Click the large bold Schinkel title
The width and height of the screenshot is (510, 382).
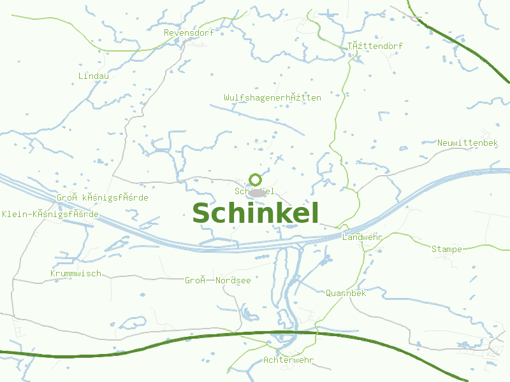pos(255,213)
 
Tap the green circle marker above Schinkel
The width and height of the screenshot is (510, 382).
pos(255,180)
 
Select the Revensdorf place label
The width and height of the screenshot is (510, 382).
pos(189,32)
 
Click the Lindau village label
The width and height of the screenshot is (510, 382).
pos(94,76)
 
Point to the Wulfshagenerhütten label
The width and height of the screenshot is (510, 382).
pos(272,97)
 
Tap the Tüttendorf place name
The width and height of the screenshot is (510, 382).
pos(375,46)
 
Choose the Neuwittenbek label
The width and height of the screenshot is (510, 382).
pos(467,143)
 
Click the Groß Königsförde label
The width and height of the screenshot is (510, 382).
pos(102,197)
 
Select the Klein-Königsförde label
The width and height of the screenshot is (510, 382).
pos(50,214)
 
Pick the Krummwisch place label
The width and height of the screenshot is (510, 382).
pos(75,273)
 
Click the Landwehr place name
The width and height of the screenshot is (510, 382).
pos(362,237)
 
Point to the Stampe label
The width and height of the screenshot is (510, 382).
pos(446,249)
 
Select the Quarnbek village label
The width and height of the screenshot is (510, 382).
pos(346,293)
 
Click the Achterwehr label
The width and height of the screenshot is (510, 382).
pos(288,360)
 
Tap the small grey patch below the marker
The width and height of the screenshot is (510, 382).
pos(257,192)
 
